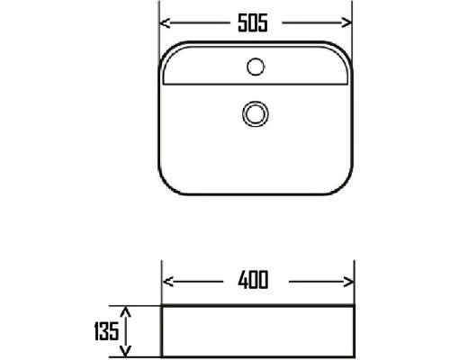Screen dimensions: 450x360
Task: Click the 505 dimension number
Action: point(253,23)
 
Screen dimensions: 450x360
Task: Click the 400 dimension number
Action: point(253,280)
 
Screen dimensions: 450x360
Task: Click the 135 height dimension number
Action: point(106,331)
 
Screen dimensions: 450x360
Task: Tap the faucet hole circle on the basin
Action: point(256,67)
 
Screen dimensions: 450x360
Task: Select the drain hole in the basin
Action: point(256,113)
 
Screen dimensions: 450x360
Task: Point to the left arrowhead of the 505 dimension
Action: point(165,23)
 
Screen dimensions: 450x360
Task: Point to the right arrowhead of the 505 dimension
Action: point(346,22)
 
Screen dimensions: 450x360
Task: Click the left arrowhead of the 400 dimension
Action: point(167,282)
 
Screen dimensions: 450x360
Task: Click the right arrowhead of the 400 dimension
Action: point(348,282)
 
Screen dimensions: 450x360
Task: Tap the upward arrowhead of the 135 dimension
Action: point(126,312)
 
